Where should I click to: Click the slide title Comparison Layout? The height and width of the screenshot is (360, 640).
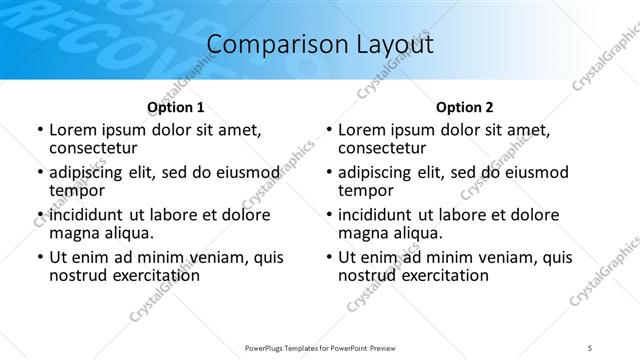pyautogui.click(x=319, y=44)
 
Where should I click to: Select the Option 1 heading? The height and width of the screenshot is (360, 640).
pyautogui.click(x=175, y=106)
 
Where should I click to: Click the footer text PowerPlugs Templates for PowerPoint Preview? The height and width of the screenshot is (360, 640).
pyautogui.click(x=320, y=346)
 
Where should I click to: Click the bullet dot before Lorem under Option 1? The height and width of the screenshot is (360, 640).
pyautogui.click(x=38, y=130)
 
